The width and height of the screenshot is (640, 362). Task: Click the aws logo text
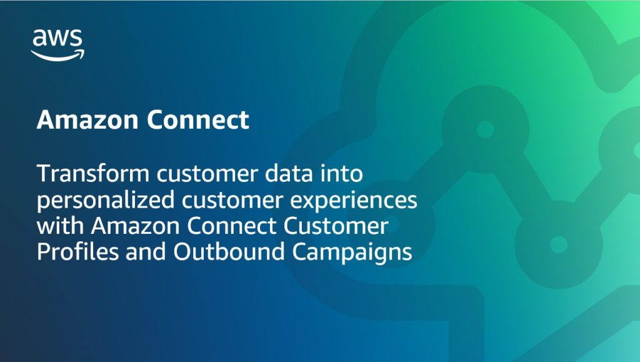pyautogui.click(x=57, y=38)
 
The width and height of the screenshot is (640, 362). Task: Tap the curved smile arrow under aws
pyautogui.click(x=57, y=56)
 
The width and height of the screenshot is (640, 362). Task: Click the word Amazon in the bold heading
pyautogui.click(x=87, y=120)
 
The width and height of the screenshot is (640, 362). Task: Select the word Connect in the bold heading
pyautogui.click(x=197, y=120)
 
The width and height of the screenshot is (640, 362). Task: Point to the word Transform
pyautogui.click(x=93, y=173)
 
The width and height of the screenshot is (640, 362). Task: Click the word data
pyautogui.click(x=289, y=173)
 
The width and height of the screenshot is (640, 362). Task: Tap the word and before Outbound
pyautogui.click(x=146, y=251)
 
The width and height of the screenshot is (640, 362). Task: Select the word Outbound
pyautogui.click(x=229, y=251)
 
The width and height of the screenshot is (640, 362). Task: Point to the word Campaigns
pyautogui.click(x=352, y=252)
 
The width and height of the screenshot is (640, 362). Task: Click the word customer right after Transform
pyautogui.click(x=207, y=174)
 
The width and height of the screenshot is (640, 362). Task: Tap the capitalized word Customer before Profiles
pyautogui.click(x=336, y=226)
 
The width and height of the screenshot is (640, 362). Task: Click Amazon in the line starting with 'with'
pyautogui.click(x=135, y=226)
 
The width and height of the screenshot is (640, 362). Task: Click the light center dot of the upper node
pyautogui.click(x=485, y=129)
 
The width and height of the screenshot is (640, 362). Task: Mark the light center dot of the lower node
pyautogui.click(x=559, y=244)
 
